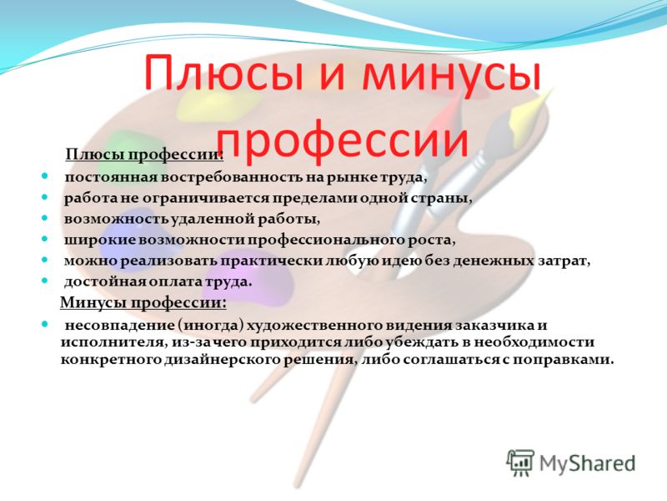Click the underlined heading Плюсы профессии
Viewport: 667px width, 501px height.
point(144,154)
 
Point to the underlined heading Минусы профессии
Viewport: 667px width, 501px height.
point(143,302)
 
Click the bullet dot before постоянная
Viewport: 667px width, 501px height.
point(45,176)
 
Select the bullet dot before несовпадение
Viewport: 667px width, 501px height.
point(45,325)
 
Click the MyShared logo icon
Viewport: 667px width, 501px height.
point(519,463)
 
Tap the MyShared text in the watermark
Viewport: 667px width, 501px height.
point(587,463)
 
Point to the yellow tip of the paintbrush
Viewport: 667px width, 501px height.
point(528,110)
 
